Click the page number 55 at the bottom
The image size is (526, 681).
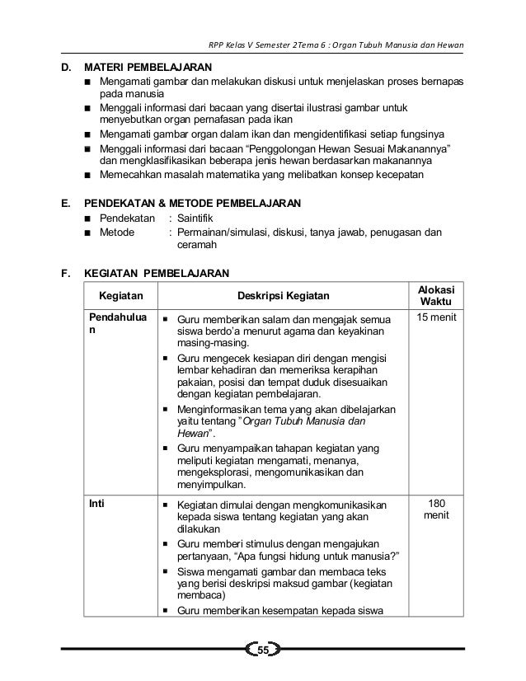coord(263,653)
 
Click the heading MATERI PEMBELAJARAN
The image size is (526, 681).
coord(150,66)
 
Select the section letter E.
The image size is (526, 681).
coord(65,202)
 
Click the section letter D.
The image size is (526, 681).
coord(65,66)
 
